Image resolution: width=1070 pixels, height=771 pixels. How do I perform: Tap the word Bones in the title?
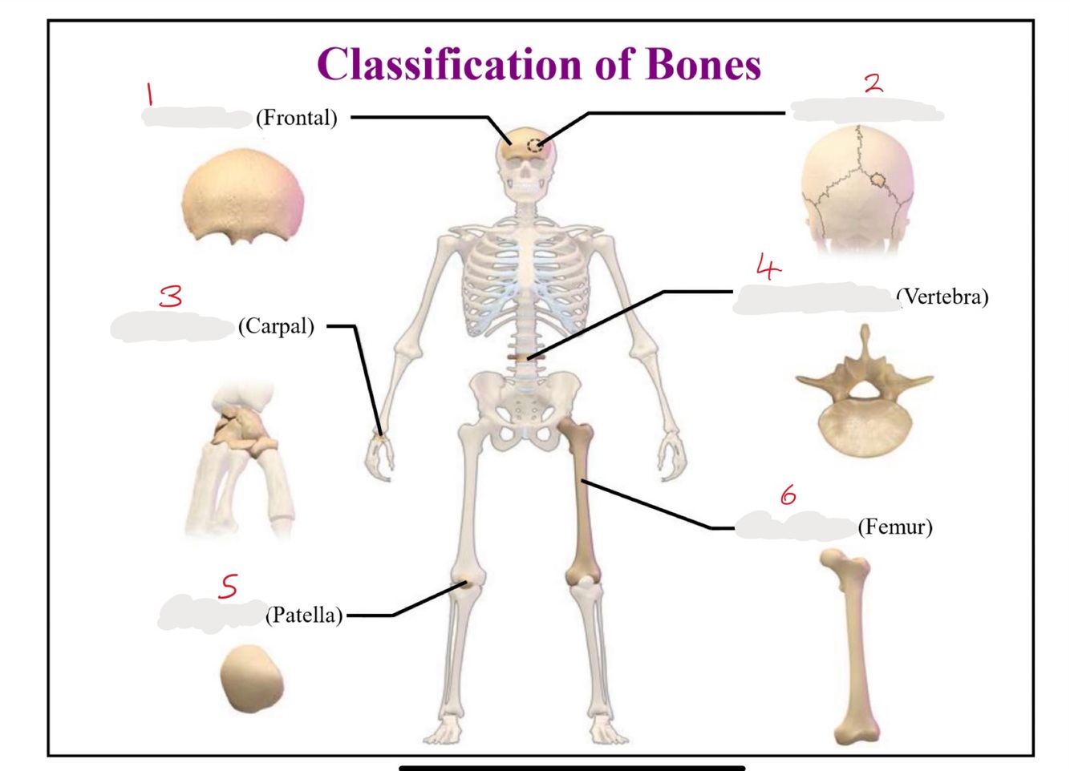[703, 64]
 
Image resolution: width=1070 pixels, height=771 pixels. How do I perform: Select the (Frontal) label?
[296, 118]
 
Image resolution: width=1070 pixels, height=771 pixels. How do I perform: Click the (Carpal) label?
[276, 326]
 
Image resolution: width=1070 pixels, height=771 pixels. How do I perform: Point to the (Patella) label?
[304, 615]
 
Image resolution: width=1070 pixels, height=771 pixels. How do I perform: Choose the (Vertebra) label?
[943, 297]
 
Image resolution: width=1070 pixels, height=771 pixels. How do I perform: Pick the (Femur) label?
[895, 527]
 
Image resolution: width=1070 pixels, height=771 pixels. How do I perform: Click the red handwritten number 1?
[149, 94]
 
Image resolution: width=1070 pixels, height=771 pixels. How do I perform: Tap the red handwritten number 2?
[873, 82]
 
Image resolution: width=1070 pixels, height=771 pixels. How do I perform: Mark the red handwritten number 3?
[171, 297]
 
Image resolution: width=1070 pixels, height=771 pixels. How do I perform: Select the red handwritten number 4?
[768, 267]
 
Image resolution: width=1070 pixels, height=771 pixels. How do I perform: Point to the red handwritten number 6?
[788, 494]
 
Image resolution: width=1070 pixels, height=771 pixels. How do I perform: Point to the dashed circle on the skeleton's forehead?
[535, 146]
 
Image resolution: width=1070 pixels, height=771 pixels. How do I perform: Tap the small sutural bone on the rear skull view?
[877, 180]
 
